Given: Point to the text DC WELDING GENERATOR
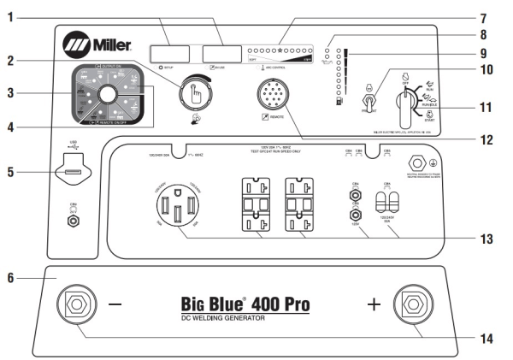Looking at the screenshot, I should (x=218, y=318).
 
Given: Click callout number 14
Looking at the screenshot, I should (x=488, y=339).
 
